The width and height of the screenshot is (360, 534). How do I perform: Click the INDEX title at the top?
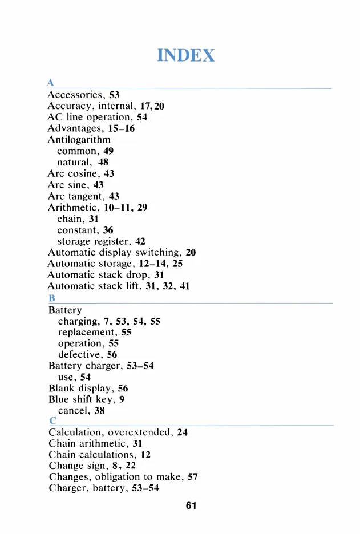coord(187,55)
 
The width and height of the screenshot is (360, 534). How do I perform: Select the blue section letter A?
coord(51,84)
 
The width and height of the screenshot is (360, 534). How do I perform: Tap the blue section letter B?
coord(51,298)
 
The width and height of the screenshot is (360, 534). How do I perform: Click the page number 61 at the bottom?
coord(191,505)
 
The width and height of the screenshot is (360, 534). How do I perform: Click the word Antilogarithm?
coord(79,139)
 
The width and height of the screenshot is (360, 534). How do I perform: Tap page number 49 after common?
coord(108,151)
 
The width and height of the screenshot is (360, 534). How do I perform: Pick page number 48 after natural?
coord(103,162)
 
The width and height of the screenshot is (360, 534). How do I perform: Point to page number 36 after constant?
coord(108,230)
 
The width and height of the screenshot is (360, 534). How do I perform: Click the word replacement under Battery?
coord(87,333)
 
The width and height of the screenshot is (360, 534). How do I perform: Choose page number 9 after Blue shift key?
coord(122,399)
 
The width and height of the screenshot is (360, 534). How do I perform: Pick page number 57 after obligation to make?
coord(193,477)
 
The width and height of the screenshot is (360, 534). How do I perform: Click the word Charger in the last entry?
coord(67,488)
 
